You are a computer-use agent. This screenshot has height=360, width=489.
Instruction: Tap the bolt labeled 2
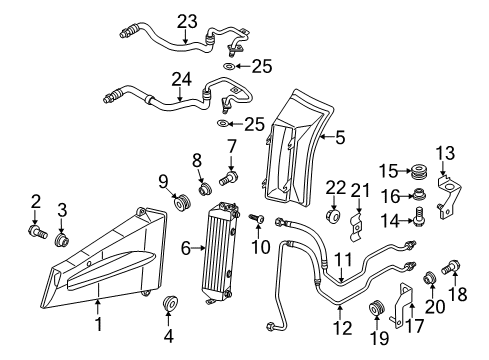click(37, 234)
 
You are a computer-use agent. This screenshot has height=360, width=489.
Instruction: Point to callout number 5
click(340, 139)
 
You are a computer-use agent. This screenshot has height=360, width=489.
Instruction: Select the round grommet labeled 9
click(181, 205)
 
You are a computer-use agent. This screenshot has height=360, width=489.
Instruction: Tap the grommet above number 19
click(378, 306)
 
